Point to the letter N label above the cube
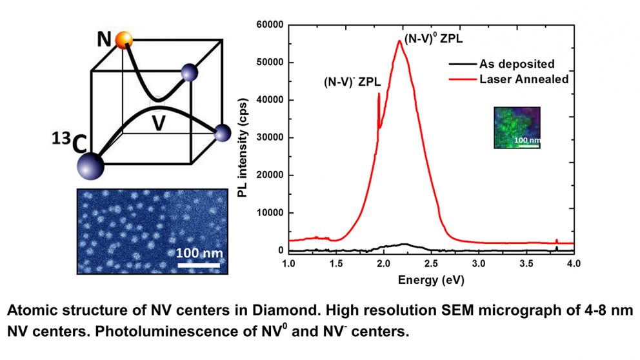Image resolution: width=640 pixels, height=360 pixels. point(105,39)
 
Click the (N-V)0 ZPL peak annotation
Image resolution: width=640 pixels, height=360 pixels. point(434,38)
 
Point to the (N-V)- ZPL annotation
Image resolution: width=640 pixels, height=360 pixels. point(352,82)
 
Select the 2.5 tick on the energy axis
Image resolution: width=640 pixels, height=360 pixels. point(431,264)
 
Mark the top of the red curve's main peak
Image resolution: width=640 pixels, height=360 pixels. point(400,41)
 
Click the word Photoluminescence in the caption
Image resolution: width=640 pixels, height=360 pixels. point(146,333)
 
